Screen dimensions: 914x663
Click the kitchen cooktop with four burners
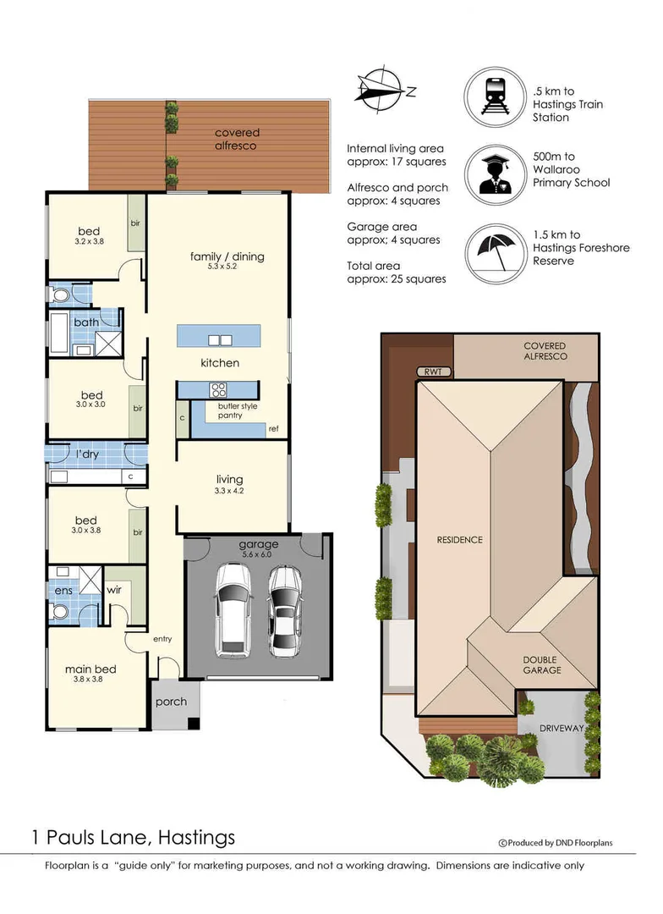218,390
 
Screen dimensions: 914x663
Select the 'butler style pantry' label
237,410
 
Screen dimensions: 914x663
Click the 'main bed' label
90,669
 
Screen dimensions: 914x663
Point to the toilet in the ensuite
60,610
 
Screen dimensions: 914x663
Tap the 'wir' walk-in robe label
114,590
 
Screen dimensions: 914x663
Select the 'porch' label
172,702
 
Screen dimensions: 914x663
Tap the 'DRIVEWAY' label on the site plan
562,728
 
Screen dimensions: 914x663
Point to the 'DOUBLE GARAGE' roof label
541,665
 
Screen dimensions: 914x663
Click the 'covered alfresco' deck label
237,139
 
